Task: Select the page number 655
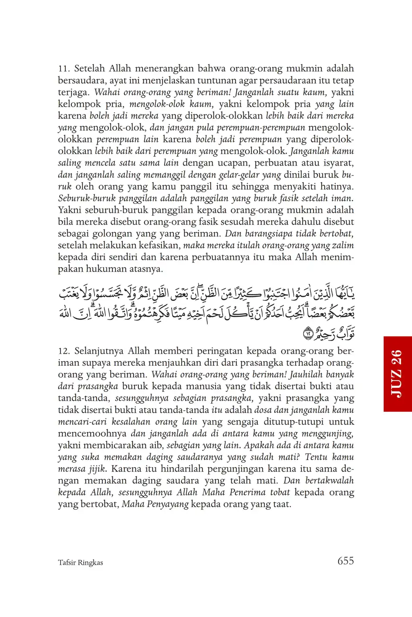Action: (345, 561)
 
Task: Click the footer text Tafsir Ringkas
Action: (80, 563)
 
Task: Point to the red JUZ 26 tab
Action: (397, 374)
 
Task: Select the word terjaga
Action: (74, 92)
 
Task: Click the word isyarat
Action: (338, 163)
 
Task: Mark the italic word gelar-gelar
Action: (241, 175)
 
